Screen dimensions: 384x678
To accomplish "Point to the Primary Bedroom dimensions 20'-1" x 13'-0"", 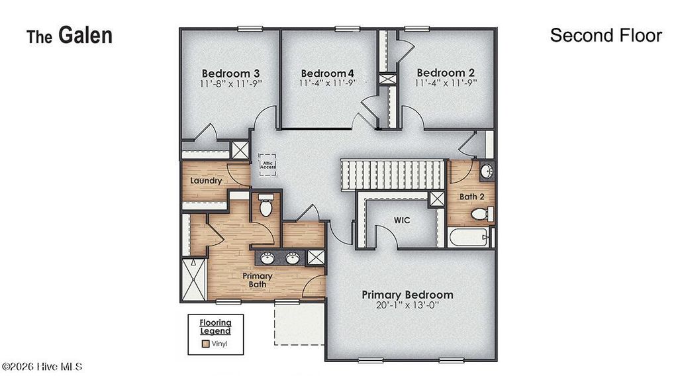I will [x=407, y=307].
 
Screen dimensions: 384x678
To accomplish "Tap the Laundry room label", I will [x=205, y=180].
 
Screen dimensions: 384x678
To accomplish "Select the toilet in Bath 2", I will [x=481, y=214].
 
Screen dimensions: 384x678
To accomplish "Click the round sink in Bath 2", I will [x=486, y=171].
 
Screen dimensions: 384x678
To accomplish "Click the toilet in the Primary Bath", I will [x=266, y=208].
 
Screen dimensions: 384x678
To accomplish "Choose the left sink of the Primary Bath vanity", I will [x=268, y=258].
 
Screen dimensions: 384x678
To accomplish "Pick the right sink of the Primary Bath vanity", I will [x=292, y=258].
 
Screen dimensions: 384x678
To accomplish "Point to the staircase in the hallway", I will [x=392, y=174].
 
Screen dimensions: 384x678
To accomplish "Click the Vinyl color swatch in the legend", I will [x=206, y=344].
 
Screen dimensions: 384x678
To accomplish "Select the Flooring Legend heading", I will [x=216, y=326].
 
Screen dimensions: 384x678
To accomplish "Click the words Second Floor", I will [x=605, y=36].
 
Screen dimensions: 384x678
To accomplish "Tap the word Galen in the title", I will [x=85, y=36].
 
